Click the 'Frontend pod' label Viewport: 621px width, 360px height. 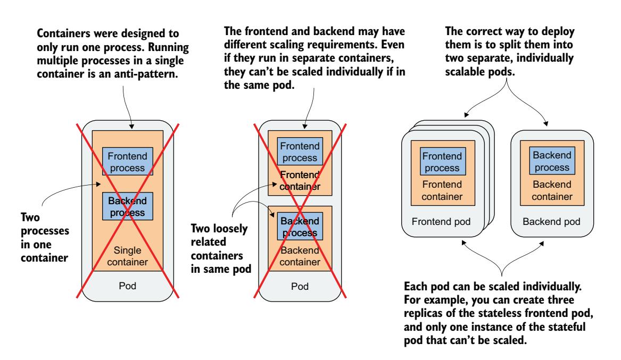(440, 221)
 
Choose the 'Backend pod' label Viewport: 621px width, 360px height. (552, 221)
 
